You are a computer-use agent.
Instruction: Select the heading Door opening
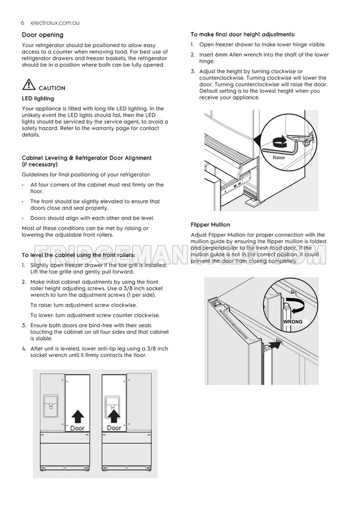[x=42, y=35]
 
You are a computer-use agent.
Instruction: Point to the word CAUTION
[x=52, y=88]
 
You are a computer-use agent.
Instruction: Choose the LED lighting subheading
[x=38, y=99]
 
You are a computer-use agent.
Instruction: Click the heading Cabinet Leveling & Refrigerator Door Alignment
[x=87, y=158]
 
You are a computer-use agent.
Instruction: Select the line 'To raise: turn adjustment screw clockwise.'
[x=84, y=305]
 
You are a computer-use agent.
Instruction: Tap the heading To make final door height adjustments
[x=243, y=34]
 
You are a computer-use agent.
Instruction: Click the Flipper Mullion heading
[x=210, y=225]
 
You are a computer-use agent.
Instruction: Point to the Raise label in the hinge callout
[x=279, y=157]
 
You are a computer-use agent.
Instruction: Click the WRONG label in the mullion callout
[x=293, y=321]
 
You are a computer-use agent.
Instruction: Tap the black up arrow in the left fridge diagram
[x=77, y=416]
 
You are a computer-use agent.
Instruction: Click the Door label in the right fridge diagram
[x=114, y=428]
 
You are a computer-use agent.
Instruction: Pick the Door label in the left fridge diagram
[x=77, y=428]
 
